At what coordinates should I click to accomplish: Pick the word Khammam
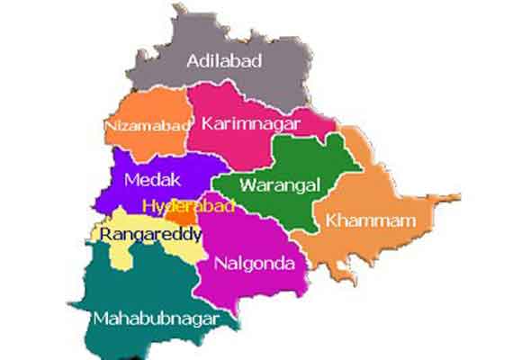tap(361, 220)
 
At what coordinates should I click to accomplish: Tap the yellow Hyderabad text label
tap(189, 206)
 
